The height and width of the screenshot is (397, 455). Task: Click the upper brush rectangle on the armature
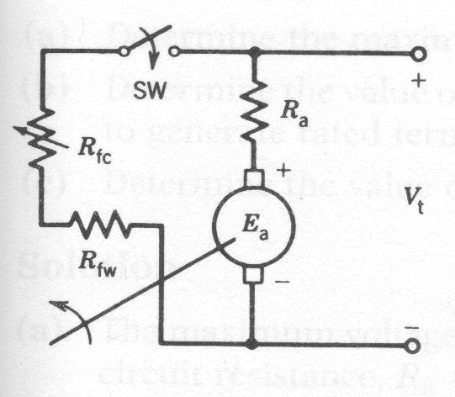[x=253, y=180]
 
